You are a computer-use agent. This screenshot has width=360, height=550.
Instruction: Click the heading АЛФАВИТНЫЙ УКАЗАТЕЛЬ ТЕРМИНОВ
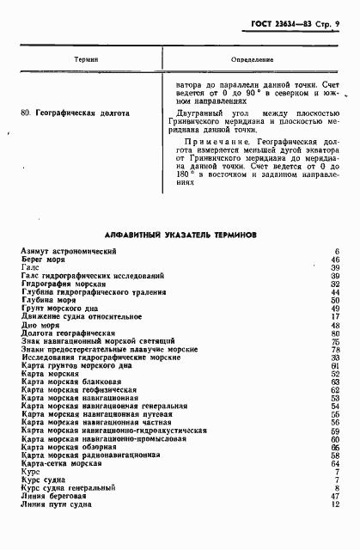[x=175, y=233]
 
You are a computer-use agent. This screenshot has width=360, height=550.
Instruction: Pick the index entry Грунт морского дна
[x=64, y=308]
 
